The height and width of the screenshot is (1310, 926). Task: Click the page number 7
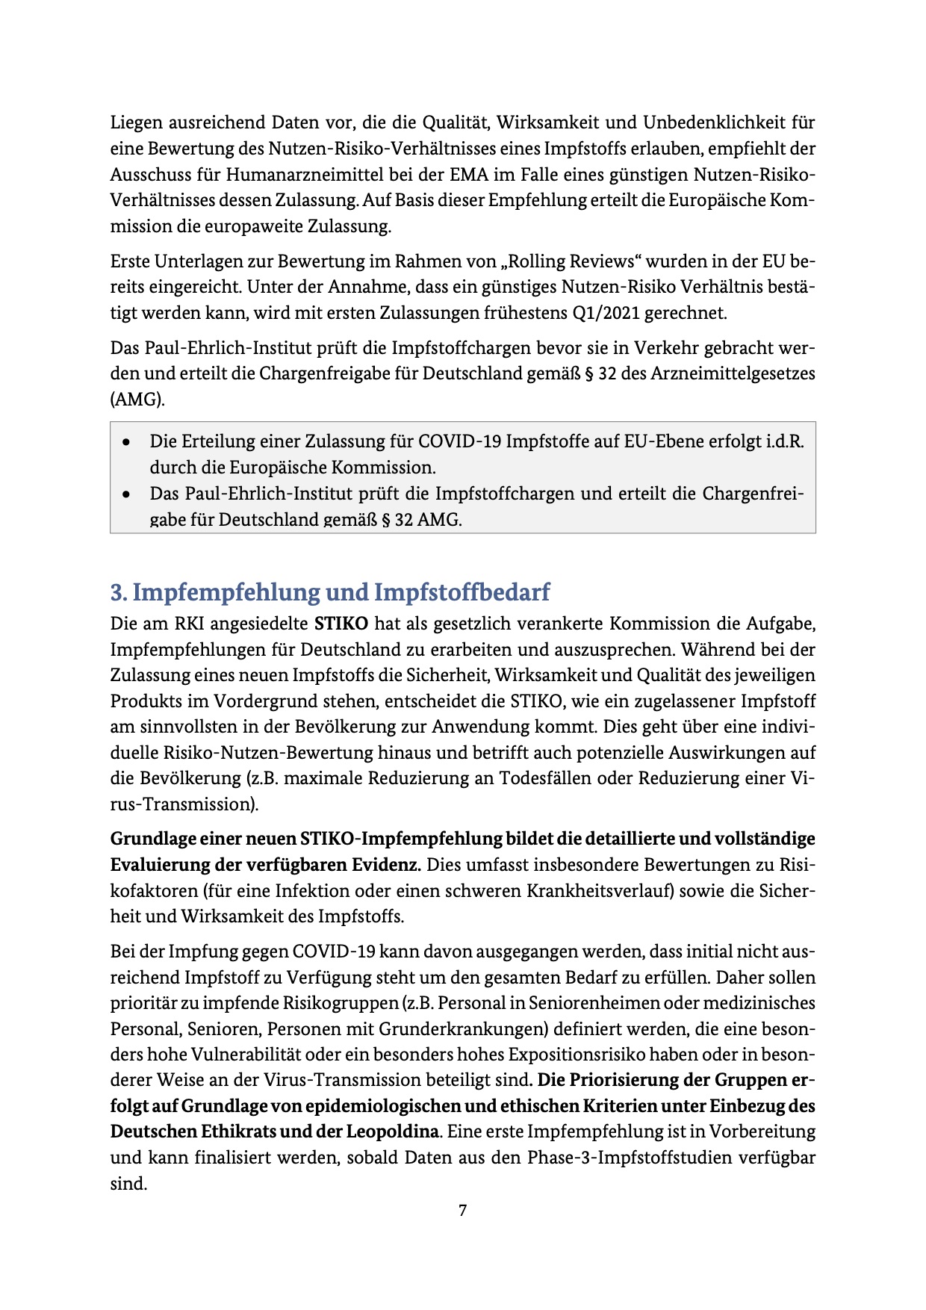pos(463,1211)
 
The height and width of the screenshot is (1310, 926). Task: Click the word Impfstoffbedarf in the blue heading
pos(462,592)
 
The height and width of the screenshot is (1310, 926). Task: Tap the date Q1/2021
pos(606,313)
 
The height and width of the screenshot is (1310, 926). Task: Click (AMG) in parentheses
pos(137,400)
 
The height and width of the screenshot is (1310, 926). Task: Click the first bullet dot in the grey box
pos(128,442)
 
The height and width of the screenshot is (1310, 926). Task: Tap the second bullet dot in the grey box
pos(128,494)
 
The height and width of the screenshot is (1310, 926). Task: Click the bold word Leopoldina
pos(392,1131)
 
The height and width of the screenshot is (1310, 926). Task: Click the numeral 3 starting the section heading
pos(117,592)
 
